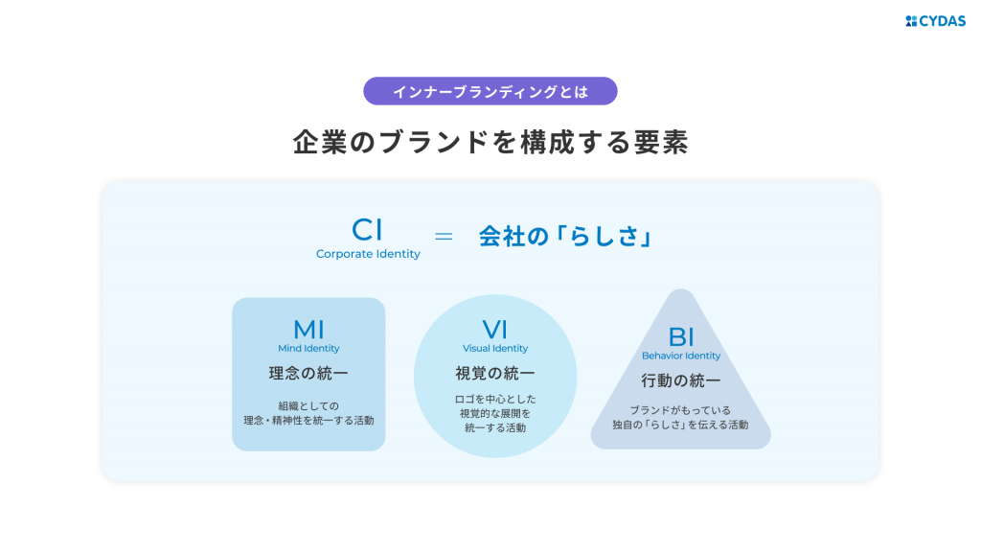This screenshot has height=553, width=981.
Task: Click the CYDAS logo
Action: tap(935, 21)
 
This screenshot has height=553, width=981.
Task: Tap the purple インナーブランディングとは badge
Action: tap(490, 91)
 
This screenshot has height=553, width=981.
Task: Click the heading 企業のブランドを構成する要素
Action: tap(490, 142)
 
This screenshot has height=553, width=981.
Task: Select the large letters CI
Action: tap(367, 230)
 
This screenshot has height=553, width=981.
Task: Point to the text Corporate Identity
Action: tap(368, 254)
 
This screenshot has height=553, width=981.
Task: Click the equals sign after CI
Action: tap(444, 236)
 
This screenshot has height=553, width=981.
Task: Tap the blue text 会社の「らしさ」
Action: tap(565, 237)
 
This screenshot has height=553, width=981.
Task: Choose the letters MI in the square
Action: tap(308, 330)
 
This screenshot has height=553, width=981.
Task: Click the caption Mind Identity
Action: tap(308, 349)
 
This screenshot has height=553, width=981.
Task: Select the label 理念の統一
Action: tap(308, 374)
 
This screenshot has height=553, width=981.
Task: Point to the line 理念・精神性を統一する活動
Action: tap(308, 421)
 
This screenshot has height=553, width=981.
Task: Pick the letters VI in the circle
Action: tap(495, 330)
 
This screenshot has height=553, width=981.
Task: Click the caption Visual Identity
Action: tap(495, 349)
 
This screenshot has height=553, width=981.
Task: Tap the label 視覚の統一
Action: tap(495, 374)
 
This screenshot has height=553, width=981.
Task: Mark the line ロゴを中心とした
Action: tap(495, 399)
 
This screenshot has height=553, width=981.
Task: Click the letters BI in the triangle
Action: tap(681, 337)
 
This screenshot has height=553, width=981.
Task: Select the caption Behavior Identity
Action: tap(681, 356)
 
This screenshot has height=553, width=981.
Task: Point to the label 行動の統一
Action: tap(681, 380)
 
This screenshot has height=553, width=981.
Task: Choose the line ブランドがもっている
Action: tap(680, 410)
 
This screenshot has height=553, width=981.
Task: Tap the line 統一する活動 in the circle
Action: tap(495, 427)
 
